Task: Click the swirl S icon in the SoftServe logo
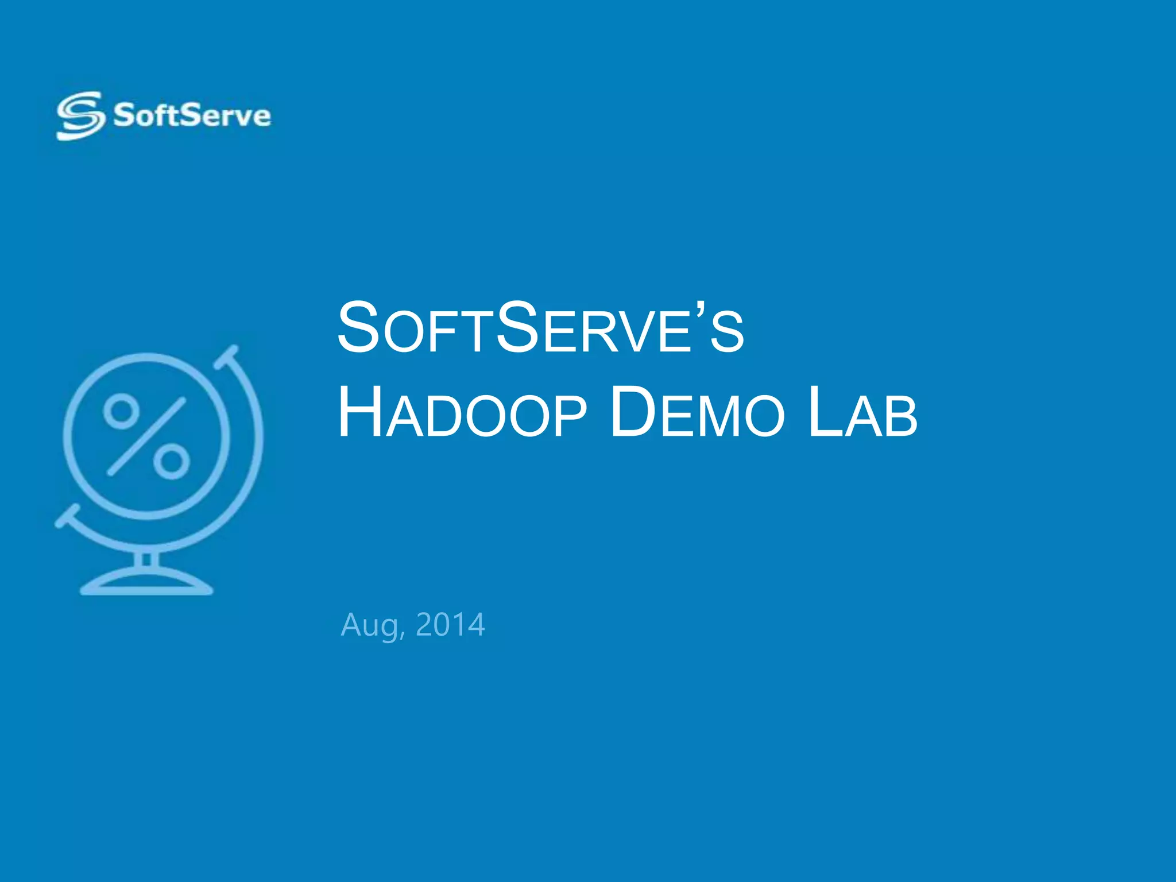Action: pos(80,115)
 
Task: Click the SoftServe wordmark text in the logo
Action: pos(192,115)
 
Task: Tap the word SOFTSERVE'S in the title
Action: pos(540,328)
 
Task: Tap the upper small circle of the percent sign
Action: pos(121,411)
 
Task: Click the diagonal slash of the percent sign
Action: pos(146,436)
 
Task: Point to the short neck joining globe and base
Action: pos(146,559)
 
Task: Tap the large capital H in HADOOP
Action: pos(359,412)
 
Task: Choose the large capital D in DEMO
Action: pos(632,412)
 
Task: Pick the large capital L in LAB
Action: pos(825,412)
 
